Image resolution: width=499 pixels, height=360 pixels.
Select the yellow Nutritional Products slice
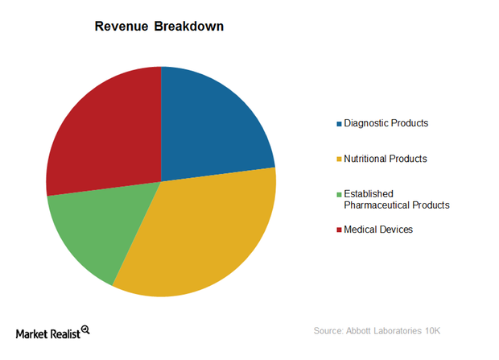tap(201, 234)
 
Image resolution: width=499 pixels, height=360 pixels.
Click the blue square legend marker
tap(338, 124)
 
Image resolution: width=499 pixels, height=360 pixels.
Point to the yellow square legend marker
tap(338, 159)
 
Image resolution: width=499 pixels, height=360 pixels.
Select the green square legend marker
tap(338, 194)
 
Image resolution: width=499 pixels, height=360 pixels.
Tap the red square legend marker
tap(338, 230)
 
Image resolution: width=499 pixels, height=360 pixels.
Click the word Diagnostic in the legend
tap(366, 123)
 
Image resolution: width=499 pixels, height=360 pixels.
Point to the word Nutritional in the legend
tap(368, 159)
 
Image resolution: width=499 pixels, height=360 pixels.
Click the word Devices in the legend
tap(395, 230)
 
